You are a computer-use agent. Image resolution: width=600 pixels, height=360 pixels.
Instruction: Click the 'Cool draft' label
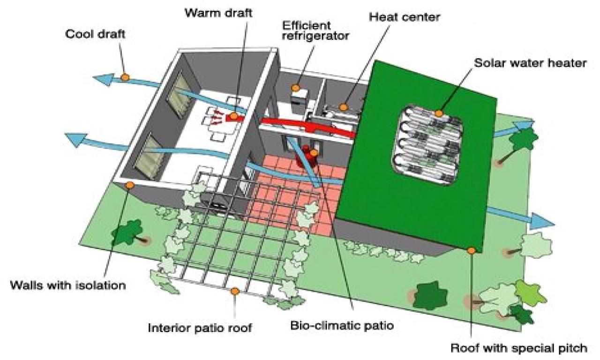(x=95, y=34)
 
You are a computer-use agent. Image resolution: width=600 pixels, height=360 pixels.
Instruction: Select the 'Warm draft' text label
(x=218, y=13)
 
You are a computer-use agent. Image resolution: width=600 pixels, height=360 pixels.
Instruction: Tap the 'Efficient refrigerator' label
(x=315, y=30)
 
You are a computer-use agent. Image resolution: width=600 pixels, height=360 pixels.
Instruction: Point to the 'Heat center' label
(x=405, y=17)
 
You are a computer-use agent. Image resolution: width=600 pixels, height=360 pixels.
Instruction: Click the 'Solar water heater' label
(x=530, y=63)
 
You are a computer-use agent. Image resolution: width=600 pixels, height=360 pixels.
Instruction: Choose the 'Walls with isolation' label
(x=68, y=285)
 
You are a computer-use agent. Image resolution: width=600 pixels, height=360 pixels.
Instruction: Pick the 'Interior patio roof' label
(x=200, y=328)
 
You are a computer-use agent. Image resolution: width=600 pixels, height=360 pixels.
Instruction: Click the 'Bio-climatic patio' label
(x=342, y=325)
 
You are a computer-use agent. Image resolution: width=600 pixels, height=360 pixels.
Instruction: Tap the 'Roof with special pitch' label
(x=519, y=348)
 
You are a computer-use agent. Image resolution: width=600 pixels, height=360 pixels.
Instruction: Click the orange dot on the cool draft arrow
(x=125, y=77)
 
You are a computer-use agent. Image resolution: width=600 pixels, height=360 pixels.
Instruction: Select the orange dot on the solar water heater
(x=438, y=113)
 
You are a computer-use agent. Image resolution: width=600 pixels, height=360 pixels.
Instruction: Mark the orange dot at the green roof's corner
(x=471, y=251)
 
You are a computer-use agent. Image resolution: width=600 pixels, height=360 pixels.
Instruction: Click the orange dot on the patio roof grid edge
(x=235, y=291)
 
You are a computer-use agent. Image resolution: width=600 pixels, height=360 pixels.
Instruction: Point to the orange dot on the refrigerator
(x=295, y=88)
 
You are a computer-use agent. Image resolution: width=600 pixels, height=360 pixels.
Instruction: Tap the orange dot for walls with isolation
(x=130, y=185)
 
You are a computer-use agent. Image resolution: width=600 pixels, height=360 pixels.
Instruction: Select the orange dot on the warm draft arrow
(x=234, y=116)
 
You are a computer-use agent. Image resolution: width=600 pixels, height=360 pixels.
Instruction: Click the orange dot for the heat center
(x=343, y=107)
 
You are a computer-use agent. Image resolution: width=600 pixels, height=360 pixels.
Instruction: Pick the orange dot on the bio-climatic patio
(x=314, y=153)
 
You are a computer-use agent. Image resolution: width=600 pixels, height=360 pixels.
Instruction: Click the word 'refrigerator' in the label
(x=315, y=36)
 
